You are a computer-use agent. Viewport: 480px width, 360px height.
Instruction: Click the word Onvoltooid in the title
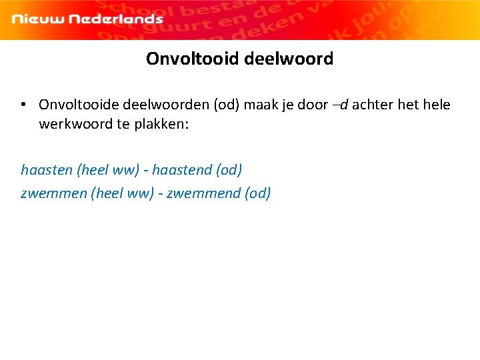pos(193,59)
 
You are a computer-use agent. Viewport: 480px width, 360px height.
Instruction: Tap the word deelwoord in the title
pos(289,59)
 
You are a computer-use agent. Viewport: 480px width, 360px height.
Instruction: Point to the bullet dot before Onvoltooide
pos(23,105)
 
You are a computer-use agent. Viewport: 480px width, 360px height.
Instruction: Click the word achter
pos(373,105)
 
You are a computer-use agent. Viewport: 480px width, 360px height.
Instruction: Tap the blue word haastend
pos(181,170)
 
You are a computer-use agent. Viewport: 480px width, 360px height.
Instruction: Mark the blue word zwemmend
pos(203,193)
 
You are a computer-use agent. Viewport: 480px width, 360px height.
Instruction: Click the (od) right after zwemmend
pos(258,193)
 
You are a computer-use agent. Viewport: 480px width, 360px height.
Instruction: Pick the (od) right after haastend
pos(229,170)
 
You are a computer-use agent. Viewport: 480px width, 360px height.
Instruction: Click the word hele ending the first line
pos(437,105)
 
